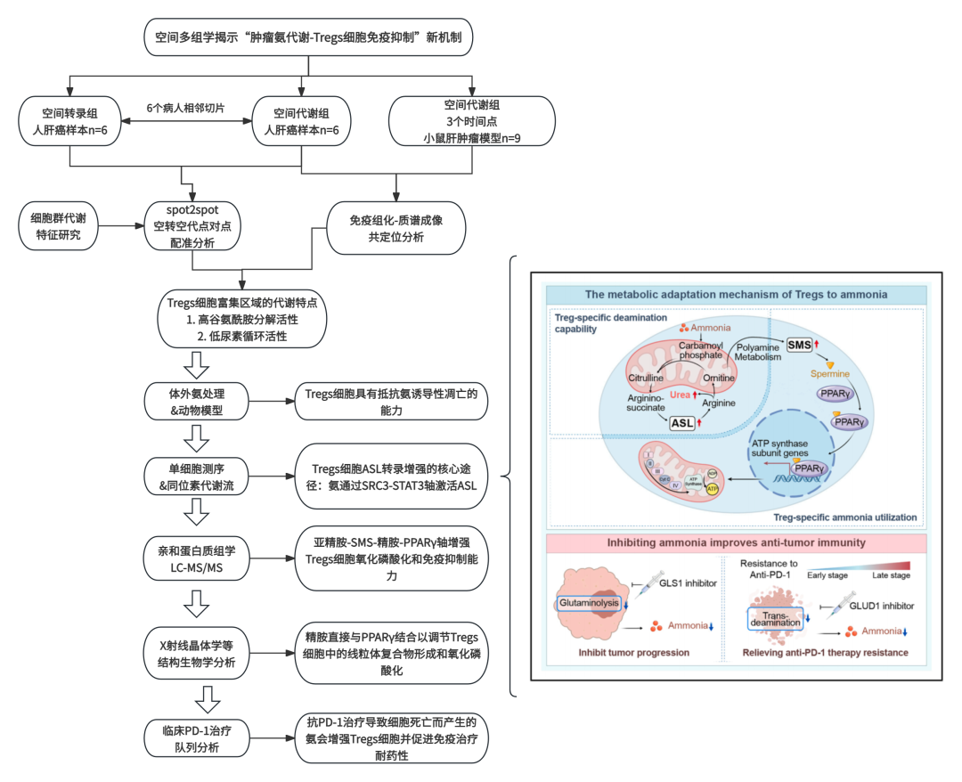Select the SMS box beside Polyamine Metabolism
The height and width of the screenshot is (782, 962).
coord(798,345)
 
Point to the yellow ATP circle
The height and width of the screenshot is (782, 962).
coord(712,488)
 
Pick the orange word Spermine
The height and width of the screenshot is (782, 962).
coord(827,374)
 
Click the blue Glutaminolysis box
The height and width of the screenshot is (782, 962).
coord(588,603)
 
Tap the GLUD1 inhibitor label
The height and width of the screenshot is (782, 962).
coord(882,606)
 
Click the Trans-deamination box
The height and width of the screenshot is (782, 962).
coord(775,617)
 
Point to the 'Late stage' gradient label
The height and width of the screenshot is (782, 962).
coord(891,575)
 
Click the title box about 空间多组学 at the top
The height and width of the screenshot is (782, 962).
coord(308,37)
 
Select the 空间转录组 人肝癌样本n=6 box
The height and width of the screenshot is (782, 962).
coord(70,121)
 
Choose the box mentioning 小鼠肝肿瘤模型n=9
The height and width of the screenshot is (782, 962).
coord(472,121)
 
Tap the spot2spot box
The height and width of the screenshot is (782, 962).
coord(193,225)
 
